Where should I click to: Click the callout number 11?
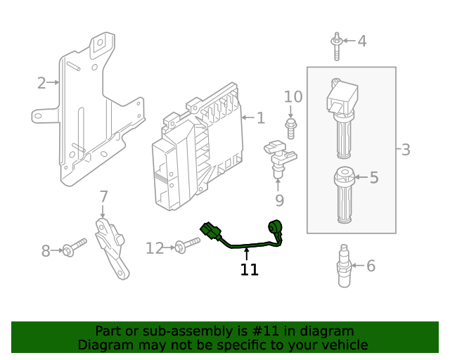[249, 270]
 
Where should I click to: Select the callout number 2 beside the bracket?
[41, 83]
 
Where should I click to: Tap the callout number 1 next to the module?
[261, 118]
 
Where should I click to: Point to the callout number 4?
[361, 41]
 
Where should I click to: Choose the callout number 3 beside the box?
[406, 150]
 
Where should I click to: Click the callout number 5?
[373, 178]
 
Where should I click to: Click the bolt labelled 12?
[187, 245]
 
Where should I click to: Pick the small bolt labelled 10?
[290, 127]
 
